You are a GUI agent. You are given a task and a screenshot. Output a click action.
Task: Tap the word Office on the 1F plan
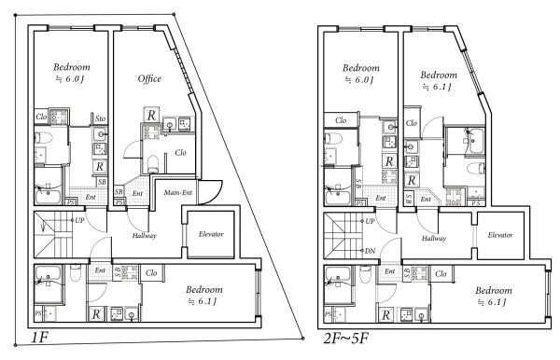(149, 78)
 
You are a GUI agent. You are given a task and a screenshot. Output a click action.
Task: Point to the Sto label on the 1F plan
(99, 119)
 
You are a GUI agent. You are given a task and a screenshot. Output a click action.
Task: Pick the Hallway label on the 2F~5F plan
(434, 239)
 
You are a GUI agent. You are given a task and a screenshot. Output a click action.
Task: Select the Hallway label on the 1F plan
(144, 236)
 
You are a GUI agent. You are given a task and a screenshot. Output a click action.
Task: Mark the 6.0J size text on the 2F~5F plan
(358, 80)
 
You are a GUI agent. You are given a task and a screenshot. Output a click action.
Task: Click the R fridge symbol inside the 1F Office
(150, 115)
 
